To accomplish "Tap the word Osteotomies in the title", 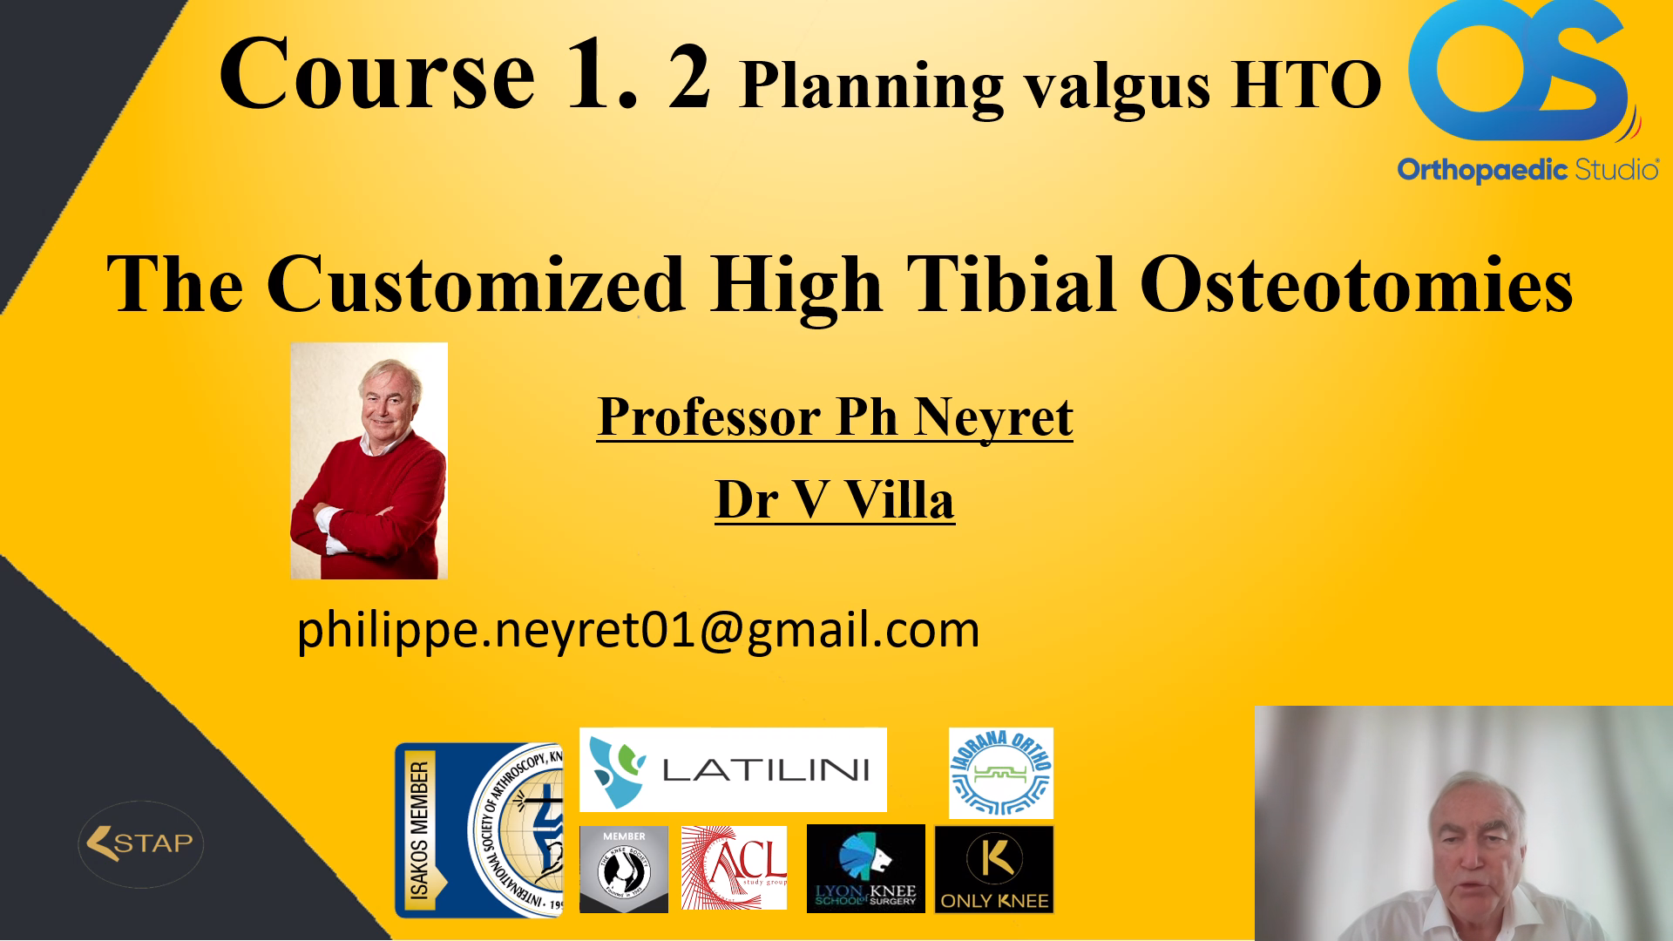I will point(1356,285).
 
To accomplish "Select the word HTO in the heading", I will point(1307,85).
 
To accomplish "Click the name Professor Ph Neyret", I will point(835,417).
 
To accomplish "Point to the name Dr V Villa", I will point(835,500).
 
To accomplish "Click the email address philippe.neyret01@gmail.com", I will point(638,629).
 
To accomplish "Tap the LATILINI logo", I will point(733,769).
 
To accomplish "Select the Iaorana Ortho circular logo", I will point(1000,773).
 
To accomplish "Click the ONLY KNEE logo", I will point(994,869).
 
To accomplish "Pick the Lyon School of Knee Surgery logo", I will point(865,869).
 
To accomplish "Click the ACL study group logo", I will point(734,868).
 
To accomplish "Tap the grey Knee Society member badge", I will point(624,869).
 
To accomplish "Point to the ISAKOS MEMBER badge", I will point(478,829).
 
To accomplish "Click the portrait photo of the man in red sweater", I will point(369,461).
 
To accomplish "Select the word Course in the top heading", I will point(376,75).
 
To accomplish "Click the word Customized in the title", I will point(476,285).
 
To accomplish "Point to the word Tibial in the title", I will point(1011,285).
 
